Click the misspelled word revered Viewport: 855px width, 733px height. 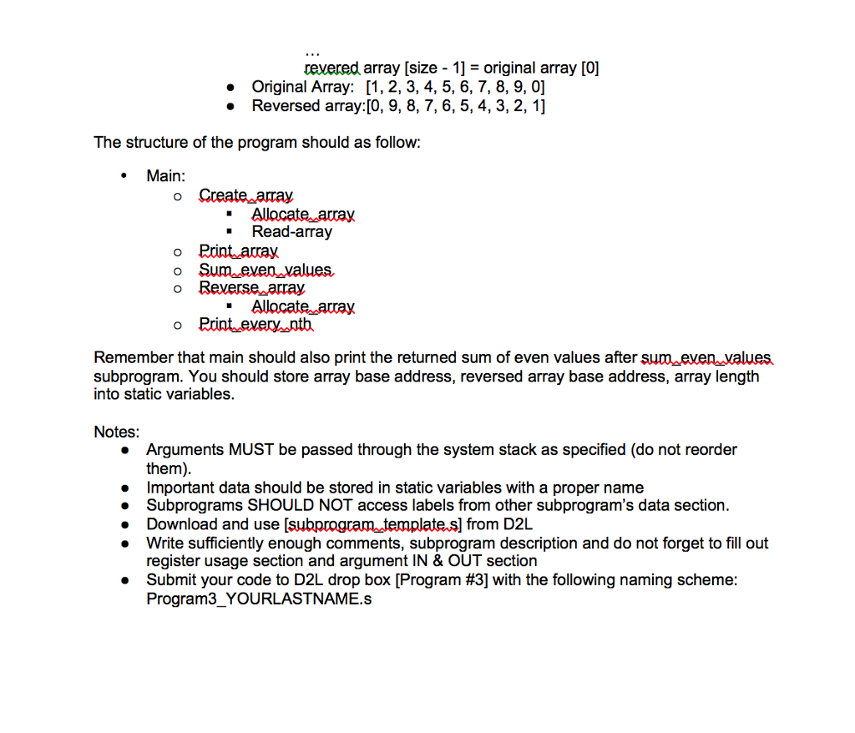[x=332, y=68]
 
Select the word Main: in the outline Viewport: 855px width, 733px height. [x=166, y=176]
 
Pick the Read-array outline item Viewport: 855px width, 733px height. [x=291, y=232]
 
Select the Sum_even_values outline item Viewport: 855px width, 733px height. [x=266, y=269]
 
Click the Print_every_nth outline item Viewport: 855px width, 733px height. [x=255, y=324]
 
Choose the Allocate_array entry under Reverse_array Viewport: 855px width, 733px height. [x=303, y=306]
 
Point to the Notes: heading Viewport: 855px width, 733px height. [x=117, y=432]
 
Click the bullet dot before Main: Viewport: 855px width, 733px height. [x=125, y=176]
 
